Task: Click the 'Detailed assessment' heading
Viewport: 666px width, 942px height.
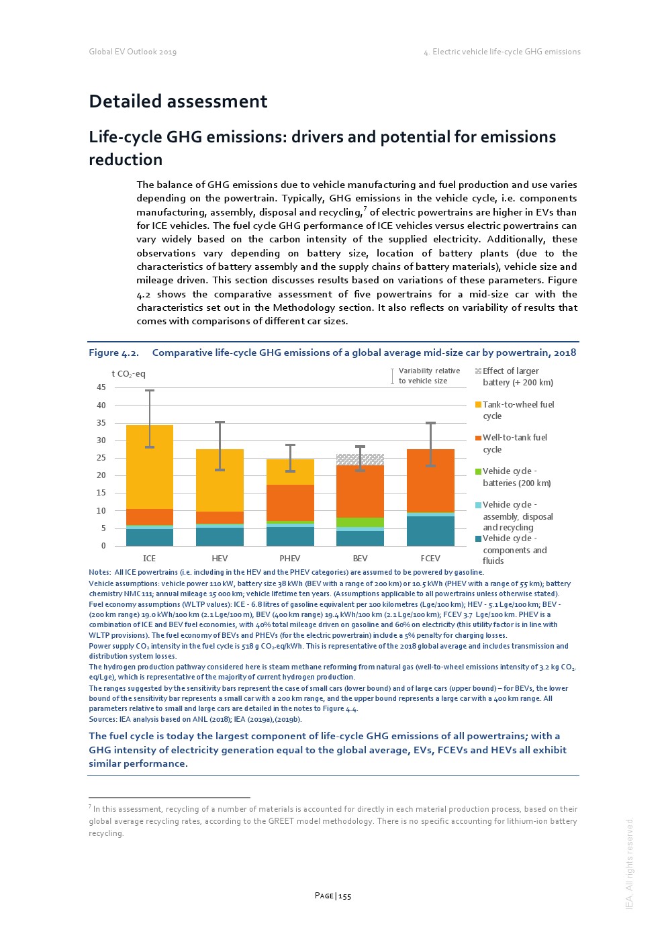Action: (x=178, y=101)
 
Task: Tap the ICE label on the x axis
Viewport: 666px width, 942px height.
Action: (x=149, y=559)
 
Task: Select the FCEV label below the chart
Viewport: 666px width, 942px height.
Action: (x=430, y=559)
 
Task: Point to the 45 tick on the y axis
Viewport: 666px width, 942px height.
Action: (x=101, y=387)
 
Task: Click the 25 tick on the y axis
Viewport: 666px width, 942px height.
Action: (x=101, y=458)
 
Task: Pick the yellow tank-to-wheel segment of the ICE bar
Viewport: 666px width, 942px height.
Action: (x=149, y=467)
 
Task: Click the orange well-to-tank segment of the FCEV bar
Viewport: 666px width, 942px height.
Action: (x=430, y=480)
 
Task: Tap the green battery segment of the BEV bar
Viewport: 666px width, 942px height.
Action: (x=360, y=522)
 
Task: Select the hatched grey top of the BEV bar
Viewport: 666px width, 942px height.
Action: (x=360, y=459)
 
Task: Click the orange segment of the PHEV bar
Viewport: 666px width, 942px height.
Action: (x=290, y=502)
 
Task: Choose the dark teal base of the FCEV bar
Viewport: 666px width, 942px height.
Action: (x=430, y=530)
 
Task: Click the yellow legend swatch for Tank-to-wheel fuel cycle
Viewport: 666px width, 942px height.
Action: (x=478, y=405)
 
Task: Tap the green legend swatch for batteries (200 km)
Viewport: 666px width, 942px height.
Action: (x=478, y=471)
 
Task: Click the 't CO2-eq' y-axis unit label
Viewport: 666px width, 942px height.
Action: (x=128, y=374)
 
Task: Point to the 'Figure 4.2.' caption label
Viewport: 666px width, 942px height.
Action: (x=113, y=353)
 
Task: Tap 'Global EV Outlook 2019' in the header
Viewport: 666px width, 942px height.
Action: (x=133, y=52)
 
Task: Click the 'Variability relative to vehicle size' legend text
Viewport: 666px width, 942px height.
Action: (x=429, y=376)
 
